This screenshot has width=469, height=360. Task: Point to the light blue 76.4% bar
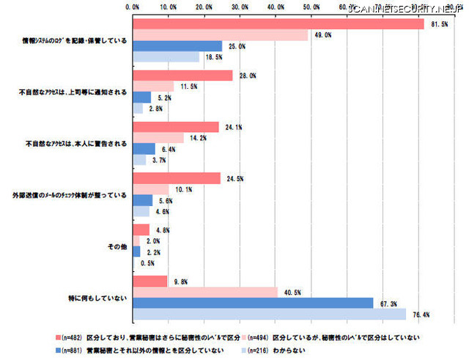click(269, 314)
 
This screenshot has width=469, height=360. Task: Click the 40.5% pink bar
click(205, 293)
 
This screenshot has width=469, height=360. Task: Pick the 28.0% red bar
click(182, 76)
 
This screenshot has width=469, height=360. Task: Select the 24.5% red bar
click(177, 177)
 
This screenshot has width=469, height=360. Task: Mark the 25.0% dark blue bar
click(177, 45)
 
